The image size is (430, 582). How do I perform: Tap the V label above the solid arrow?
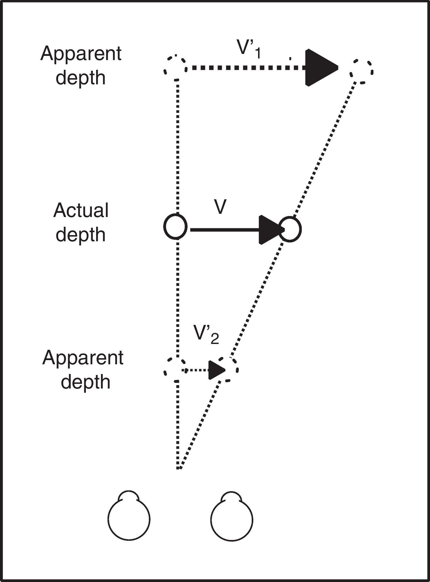(x=220, y=207)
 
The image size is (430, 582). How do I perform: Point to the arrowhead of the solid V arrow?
(x=270, y=230)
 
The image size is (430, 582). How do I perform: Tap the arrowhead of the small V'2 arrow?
(x=216, y=370)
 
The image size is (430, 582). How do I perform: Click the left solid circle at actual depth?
(x=175, y=227)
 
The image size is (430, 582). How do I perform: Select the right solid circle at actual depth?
(x=290, y=230)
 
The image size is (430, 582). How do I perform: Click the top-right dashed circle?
(x=362, y=71)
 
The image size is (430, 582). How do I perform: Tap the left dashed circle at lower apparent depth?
(x=175, y=370)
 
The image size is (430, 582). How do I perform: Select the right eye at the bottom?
(x=232, y=520)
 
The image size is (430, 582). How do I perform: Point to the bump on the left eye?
(x=129, y=496)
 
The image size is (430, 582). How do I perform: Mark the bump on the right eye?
(x=232, y=497)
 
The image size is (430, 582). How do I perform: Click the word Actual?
(x=81, y=211)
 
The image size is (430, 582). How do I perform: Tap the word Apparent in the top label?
(x=81, y=54)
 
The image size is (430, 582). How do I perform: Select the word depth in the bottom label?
(x=85, y=382)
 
